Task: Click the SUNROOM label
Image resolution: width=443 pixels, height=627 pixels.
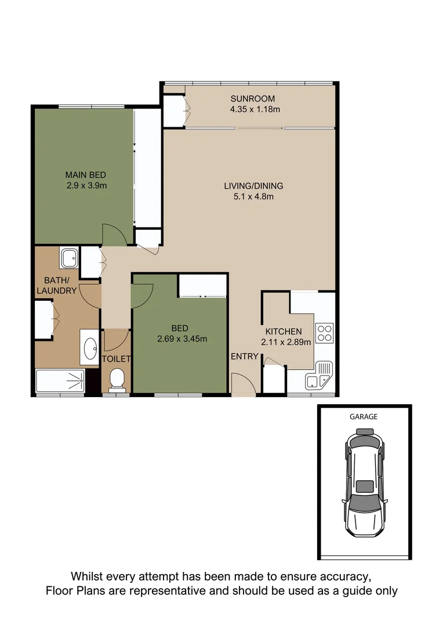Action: pyautogui.click(x=252, y=98)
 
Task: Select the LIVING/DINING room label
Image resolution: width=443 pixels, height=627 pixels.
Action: pyautogui.click(x=253, y=186)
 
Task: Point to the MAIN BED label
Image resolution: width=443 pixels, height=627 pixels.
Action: pyautogui.click(x=85, y=175)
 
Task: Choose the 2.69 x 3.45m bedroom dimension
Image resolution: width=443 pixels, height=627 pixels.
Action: pyautogui.click(x=181, y=338)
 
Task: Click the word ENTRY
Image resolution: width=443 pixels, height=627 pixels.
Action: pyautogui.click(x=244, y=356)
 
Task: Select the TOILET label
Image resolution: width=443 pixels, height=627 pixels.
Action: pyautogui.click(x=117, y=359)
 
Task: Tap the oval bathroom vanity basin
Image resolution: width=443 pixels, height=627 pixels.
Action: pyautogui.click(x=90, y=348)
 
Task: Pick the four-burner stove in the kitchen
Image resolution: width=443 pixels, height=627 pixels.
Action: pyautogui.click(x=325, y=332)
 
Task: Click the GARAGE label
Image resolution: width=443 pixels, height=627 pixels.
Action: pyautogui.click(x=364, y=416)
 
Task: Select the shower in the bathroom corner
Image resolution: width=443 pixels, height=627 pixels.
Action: pyautogui.click(x=60, y=381)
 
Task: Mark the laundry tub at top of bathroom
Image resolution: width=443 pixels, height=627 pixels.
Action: pyautogui.click(x=69, y=257)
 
